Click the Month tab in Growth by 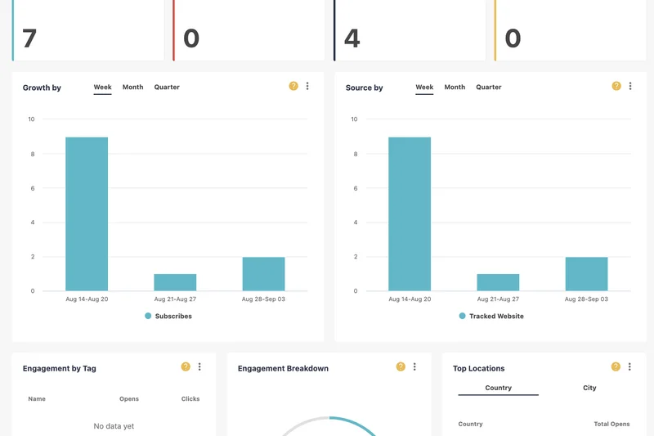pyautogui.click(x=132, y=88)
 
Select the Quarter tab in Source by pyautogui.click(x=489, y=88)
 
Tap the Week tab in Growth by pyautogui.click(x=102, y=88)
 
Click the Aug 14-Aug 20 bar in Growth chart pyautogui.click(x=87, y=214)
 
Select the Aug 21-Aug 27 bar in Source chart pyautogui.click(x=498, y=282)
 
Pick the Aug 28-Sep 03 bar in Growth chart pyautogui.click(x=263, y=274)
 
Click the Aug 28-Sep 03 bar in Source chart pyautogui.click(x=586, y=274)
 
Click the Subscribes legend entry pyautogui.click(x=168, y=316)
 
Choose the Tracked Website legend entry pyautogui.click(x=491, y=316)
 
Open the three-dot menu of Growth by pyautogui.click(x=307, y=86)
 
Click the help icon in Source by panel pyautogui.click(x=616, y=86)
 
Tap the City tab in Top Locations pyautogui.click(x=589, y=388)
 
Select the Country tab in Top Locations pyautogui.click(x=498, y=388)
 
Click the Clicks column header pyautogui.click(x=190, y=399)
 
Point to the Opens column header pyautogui.click(x=129, y=399)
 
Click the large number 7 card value pyautogui.click(x=29, y=38)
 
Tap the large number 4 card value pyautogui.click(x=352, y=38)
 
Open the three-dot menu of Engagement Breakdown pyautogui.click(x=414, y=367)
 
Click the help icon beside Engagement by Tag pyautogui.click(x=186, y=367)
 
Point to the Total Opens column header pyautogui.click(x=611, y=425)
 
